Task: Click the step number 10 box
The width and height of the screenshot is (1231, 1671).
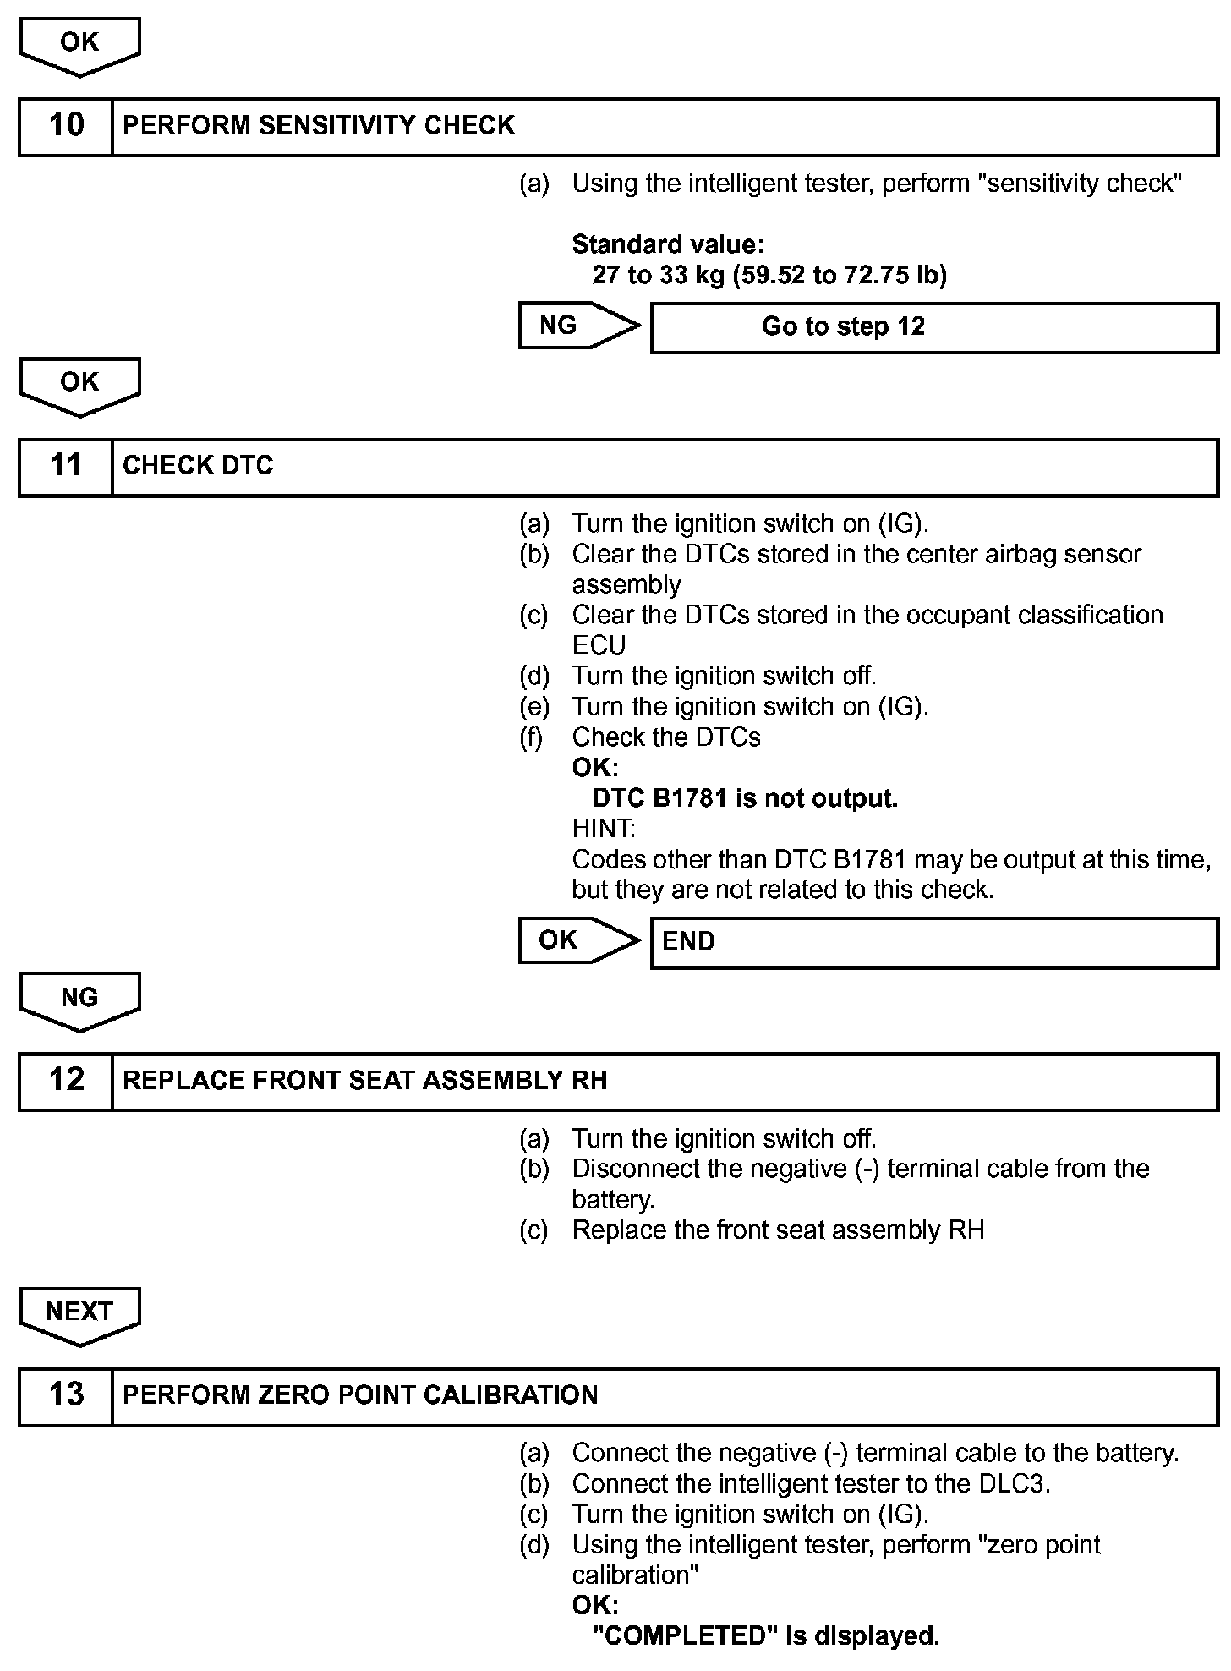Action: [66, 126]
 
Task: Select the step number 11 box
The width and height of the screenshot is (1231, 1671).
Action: [66, 466]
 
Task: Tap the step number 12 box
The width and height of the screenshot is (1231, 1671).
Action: [66, 1081]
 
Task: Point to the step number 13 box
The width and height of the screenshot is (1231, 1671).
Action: [66, 1395]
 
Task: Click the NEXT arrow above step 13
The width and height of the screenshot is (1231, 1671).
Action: [79, 1313]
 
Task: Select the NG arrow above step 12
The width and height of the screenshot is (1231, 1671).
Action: [79, 1000]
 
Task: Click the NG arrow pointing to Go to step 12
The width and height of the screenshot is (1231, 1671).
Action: [577, 326]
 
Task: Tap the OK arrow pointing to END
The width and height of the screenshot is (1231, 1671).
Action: [577, 940]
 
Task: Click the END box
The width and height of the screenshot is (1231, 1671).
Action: [933, 942]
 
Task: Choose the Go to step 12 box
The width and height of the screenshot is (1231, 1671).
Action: [933, 327]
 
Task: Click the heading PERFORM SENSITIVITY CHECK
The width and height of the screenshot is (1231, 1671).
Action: [319, 126]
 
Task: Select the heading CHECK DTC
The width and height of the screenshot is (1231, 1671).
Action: [198, 466]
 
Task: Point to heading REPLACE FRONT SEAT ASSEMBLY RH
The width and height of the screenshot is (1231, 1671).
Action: [364, 1081]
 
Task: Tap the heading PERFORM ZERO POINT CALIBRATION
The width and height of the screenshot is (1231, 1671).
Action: [360, 1395]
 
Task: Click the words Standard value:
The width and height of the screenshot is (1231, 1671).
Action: [668, 244]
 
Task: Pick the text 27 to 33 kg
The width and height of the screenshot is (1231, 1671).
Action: [658, 275]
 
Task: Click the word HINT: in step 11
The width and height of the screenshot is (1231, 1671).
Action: [604, 829]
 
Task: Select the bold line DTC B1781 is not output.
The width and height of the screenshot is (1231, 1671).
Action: [745, 798]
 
